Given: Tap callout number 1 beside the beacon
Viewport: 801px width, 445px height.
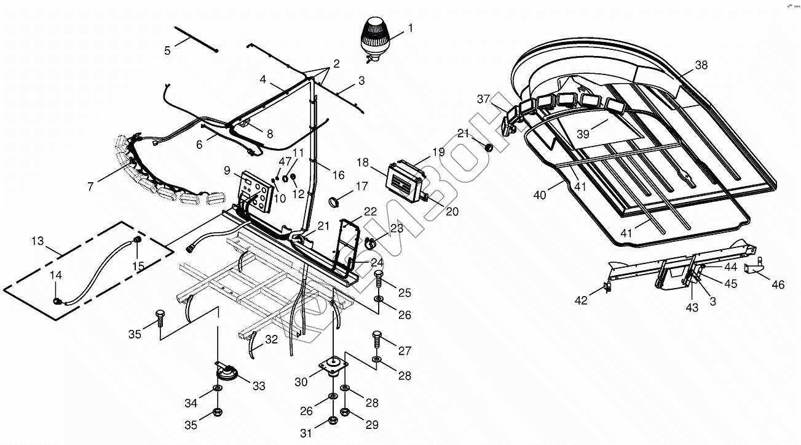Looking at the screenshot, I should point(410,28).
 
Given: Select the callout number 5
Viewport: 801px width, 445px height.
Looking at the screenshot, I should point(167,50).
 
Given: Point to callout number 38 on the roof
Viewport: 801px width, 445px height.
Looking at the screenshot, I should point(701,65).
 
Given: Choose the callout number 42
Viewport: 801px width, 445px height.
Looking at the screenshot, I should point(581,300).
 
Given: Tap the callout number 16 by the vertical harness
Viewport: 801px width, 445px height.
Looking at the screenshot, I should point(339,175).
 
